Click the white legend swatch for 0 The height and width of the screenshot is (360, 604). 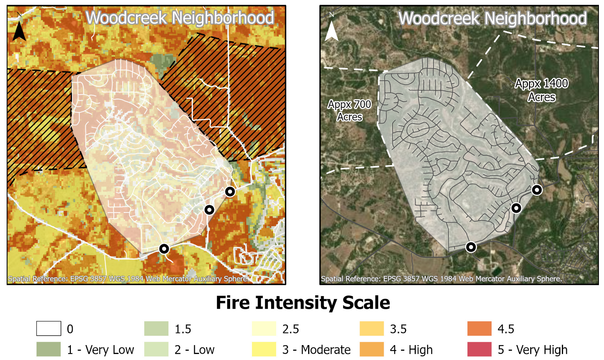point(49,328)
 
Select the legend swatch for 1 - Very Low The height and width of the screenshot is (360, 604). point(49,349)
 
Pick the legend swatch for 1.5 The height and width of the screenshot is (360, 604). point(156,328)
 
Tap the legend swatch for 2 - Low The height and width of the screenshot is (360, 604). point(156,349)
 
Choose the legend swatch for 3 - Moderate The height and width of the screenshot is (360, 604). point(264,349)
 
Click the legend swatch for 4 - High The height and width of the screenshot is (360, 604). point(371,349)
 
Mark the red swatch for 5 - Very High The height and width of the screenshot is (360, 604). point(479,349)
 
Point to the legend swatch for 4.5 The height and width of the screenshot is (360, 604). point(479,328)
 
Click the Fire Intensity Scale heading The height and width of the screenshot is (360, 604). point(302,303)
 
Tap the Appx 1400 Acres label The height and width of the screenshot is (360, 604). point(541,90)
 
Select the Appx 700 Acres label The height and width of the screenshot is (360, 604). point(349,111)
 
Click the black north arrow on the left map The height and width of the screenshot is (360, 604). point(19,30)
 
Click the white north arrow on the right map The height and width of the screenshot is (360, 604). point(331,30)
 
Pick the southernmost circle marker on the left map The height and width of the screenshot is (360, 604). point(164,249)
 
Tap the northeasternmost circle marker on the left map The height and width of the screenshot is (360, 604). point(230,192)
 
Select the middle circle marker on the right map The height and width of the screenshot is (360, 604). point(516,208)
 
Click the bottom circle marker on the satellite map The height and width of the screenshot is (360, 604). point(471,247)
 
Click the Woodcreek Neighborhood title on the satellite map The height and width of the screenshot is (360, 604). point(492,19)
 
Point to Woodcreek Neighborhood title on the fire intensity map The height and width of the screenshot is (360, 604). point(179,18)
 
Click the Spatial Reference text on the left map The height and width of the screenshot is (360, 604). point(128,279)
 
